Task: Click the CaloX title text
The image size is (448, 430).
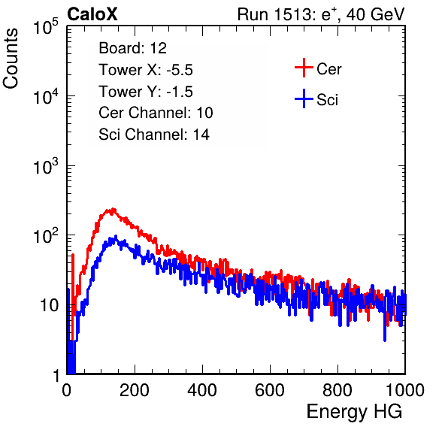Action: (x=92, y=14)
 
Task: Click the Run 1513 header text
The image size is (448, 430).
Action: (x=321, y=14)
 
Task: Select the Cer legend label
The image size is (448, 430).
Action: (x=328, y=69)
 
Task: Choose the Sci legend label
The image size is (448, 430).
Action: (x=327, y=100)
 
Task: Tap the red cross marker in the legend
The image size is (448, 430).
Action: (x=304, y=68)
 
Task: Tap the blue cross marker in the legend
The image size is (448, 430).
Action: (x=304, y=98)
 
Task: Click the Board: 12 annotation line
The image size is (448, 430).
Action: (x=132, y=48)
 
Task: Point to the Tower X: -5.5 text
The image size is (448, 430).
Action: (x=146, y=70)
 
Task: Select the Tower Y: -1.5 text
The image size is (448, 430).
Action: (x=146, y=92)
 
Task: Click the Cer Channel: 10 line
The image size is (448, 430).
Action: (x=156, y=113)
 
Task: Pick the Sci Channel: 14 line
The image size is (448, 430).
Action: (x=154, y=135)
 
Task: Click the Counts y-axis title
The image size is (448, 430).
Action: (x=11, y=59)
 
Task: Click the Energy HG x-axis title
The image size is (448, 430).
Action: (x=354, y=412)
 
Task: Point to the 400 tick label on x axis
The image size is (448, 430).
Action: (x=202, y=390)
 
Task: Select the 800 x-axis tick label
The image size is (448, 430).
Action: (x=338, y=390)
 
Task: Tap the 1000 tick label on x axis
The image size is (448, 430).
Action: (x=405, y=390)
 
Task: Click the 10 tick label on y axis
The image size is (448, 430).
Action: (x=49, y=305)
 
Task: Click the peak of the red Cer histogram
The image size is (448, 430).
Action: (x=114, y=209)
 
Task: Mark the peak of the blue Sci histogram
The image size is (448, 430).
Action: (x=116, y=237)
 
